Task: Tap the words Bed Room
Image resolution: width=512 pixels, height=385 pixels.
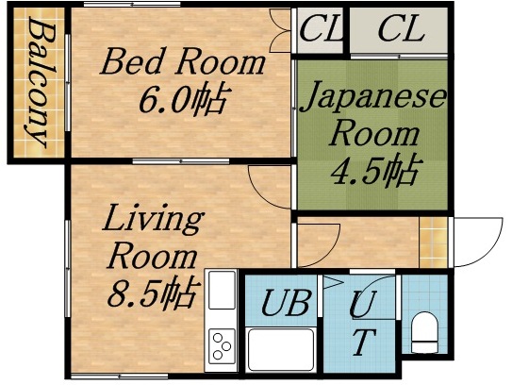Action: click(x=183, y=63)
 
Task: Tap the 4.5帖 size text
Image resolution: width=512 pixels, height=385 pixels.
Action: click(x=374, y=171)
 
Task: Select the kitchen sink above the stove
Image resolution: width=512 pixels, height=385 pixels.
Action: click(x=223, y=293)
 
